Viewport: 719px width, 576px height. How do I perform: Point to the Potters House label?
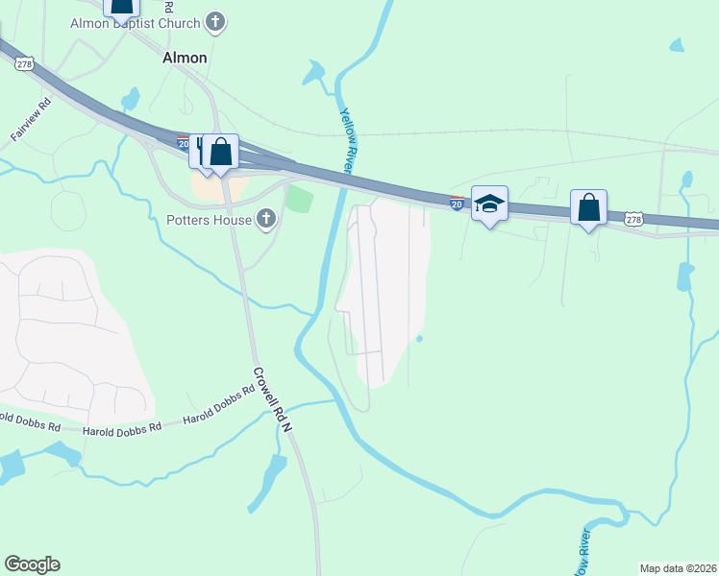click(x=206, y=221)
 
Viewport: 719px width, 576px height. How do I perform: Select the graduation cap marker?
click(x=489, y=204)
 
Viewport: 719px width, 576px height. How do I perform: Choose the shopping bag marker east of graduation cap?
click(x=588, y=207)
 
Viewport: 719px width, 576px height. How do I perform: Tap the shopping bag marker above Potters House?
click(x=220, y=153)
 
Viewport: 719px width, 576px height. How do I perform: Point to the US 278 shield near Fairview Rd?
click(x=26, y=63)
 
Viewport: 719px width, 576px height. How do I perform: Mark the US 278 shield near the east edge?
click(x=632, y=220)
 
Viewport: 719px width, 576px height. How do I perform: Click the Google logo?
click(x=32, y=564)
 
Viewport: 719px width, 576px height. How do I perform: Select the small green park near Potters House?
click(x=301, y=200)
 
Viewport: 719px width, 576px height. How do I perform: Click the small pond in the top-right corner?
click(x=677, y=45)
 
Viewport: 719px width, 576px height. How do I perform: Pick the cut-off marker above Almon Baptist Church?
click(x=121, y=8)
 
